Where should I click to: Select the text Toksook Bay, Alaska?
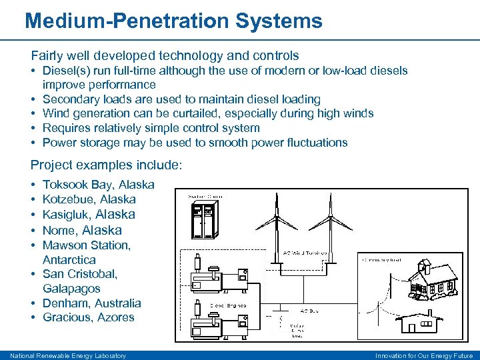coord(98,185)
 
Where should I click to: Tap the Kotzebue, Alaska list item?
coord(89,199)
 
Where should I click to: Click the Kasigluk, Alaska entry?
coord(89,214)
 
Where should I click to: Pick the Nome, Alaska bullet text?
coord(82,230)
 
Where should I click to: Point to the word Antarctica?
coord(69,259)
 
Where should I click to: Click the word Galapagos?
coord(71,289)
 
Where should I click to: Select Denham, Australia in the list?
coord(92,303)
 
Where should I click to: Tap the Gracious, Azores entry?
coord(89,317)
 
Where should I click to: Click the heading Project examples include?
coord(107,165)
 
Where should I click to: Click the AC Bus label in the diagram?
coord(311,311)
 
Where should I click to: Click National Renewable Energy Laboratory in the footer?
coord(68,355)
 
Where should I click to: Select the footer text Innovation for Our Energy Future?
coord(425,355)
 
